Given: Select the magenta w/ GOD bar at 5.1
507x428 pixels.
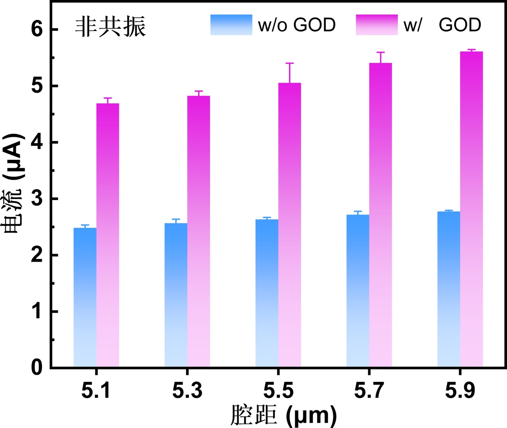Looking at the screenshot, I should [108, 235].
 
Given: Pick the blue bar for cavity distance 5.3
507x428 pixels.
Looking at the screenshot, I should [176, 295].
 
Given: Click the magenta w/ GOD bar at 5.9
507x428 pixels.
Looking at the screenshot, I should [472, 209].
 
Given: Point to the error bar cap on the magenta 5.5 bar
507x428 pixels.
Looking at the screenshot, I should [290, 63].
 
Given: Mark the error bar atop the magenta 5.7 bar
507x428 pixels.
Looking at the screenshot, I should [381, 57].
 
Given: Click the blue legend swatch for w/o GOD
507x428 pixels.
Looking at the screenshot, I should [231, 25].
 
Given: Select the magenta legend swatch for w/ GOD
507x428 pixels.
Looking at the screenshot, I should [377, 25].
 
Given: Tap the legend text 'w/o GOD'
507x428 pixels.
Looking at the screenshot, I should [297, 25].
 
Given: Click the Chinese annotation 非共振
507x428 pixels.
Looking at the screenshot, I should [110, 27].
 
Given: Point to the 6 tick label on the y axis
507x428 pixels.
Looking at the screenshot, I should [37, 29].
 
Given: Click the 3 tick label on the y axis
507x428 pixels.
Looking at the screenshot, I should [37, 199].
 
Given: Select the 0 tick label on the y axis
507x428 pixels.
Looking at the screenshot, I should [37, 368].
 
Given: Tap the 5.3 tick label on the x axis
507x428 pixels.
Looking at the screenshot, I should [187, 390].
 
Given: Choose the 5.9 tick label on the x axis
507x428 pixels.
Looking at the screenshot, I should [460, 390].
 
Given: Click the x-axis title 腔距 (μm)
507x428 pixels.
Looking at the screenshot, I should [283, 415].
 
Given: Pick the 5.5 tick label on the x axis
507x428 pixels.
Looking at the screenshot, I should [278, 390].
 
